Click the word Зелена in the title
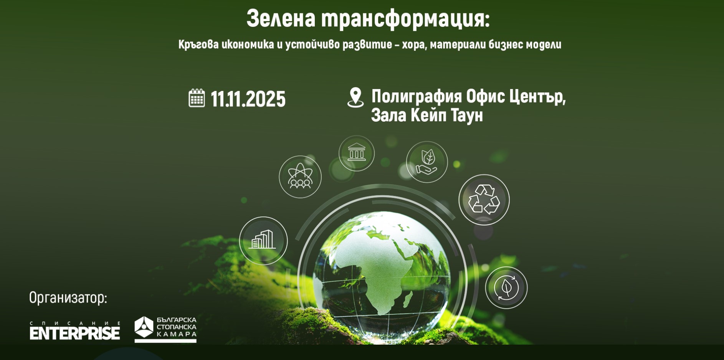click(x=281, y=19)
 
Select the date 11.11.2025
click(x=248, y=99)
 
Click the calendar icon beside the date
click(x=197, y=98)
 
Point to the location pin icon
click(x=355, y=97)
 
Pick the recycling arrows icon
click(x=484, y=200)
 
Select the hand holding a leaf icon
click(x=427, y=162)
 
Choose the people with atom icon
click(x=300, y=177)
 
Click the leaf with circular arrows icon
click(x=506, y=288)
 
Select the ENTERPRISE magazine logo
click(x=75, y=331)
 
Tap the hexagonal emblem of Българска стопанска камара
click(x=144, y=327)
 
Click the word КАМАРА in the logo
click(x=177, y=334)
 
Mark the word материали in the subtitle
click(x=458, y=45)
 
